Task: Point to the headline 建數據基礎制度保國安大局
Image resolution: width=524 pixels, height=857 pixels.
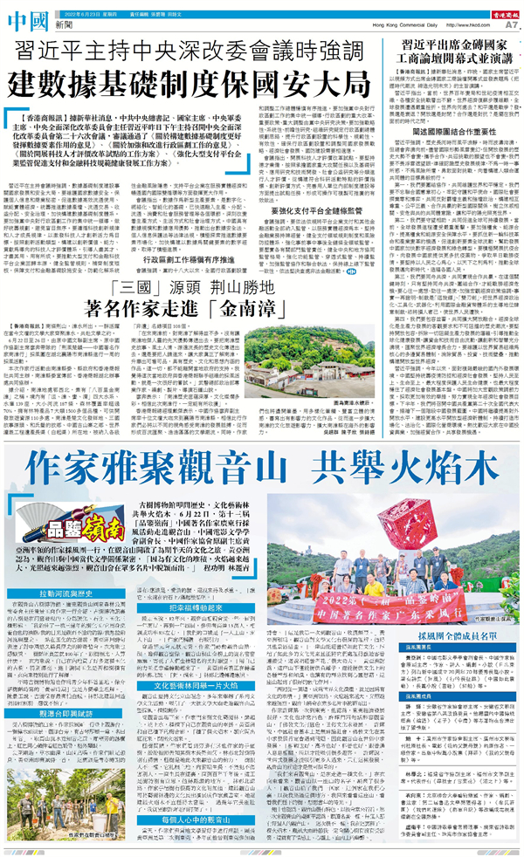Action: (189, 85)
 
